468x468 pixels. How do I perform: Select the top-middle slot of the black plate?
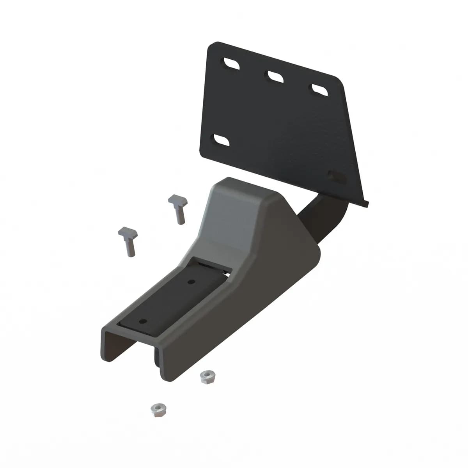pos(275,76)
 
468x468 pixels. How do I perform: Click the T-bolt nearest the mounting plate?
pos(177,209)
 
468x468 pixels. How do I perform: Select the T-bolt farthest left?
pos(127,242)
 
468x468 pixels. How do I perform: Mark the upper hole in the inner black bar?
pos(191,282)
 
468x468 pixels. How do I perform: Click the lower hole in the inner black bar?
pos(143,321)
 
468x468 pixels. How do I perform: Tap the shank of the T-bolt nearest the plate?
pos(180,215)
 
